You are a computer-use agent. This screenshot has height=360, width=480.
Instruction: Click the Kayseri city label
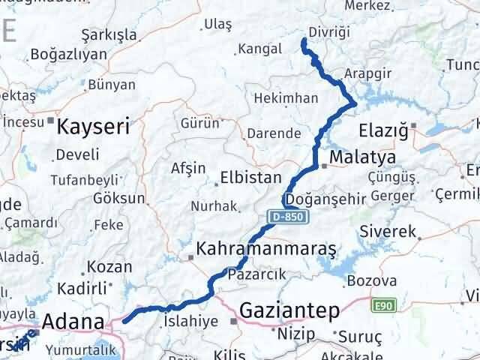(x=94, y=125)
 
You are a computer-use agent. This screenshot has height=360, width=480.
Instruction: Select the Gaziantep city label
(x=289, y=310)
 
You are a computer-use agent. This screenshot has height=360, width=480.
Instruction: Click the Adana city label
(x=73, y=322)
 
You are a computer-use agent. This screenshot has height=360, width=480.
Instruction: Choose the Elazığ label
(x=384, y=129)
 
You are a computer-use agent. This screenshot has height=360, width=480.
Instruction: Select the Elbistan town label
(x=250, y=179)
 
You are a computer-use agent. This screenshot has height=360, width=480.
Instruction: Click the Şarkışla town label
(x=109, y=35)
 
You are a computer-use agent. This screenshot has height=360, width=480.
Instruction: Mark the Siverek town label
(x=388, y=232)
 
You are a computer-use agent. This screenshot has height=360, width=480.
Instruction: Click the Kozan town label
(x=109, y=266)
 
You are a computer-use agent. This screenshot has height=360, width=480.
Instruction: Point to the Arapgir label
(x=365, y=74)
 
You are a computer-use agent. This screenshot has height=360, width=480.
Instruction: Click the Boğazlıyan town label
(x=69, y=55)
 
